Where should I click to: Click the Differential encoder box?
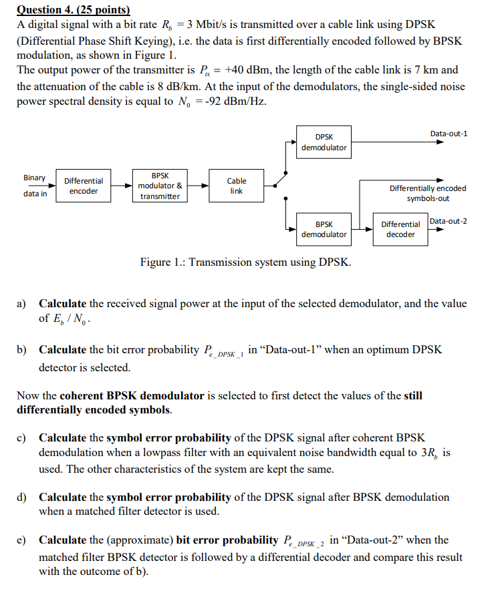(84, 186)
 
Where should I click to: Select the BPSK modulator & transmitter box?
(160, 186)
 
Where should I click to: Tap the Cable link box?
(237, 186)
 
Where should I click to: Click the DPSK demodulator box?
(324, 142)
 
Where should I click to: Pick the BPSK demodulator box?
(324, 229)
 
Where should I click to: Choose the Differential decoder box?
(400, 229)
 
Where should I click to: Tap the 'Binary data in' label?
(35, 186)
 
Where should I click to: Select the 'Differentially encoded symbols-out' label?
(428, 194)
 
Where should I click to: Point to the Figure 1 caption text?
(245, 262)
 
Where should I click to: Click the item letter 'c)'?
(22, 437)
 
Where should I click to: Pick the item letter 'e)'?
(22, 540)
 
